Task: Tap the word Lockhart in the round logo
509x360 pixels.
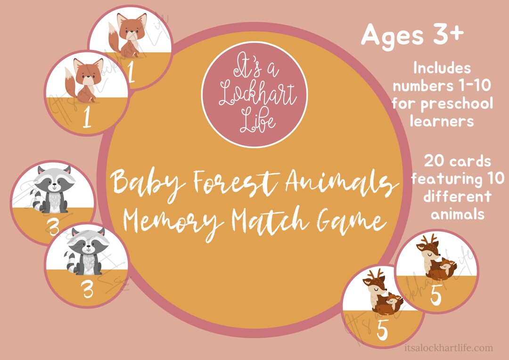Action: pos(254,96)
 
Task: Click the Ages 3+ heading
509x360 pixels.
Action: pos(412,35)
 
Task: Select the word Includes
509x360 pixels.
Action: pos(442,68)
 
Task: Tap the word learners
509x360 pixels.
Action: pos(442,121)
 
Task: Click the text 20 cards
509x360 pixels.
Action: pos(457,162)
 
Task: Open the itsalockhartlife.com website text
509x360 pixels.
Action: pos(449,348)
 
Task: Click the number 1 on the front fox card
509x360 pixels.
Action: pos(87,119)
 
